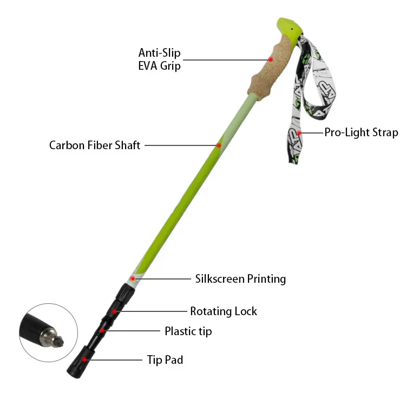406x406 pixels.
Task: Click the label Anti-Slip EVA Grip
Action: click(x=159, y=59)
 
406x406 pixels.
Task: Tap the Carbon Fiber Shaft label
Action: click(x=95, y=145)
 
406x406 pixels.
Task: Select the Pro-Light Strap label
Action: click(x=361, y=132)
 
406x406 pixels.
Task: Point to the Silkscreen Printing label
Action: click(x=240, y=279)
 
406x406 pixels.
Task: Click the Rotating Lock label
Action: click(x=224, y=311)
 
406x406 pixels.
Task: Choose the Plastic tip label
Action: click(x=188, y=331)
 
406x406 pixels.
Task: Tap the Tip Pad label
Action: click(x=165, y=360)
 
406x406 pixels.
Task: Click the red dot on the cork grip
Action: click(x=271, y=59)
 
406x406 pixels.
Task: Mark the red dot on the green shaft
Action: click(x=219, y=145)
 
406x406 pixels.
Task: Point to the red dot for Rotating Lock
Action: click(x=114, y=311)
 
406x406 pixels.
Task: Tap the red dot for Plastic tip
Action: click(x=102, y=330)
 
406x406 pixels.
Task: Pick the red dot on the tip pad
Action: click(x=85, y=358)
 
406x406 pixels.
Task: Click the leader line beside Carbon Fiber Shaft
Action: click(x=179, y=145)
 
